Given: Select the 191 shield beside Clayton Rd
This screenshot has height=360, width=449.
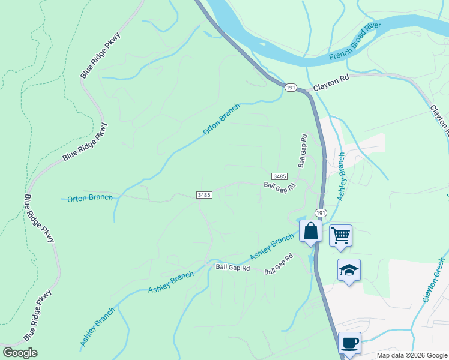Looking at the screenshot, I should (291, 88).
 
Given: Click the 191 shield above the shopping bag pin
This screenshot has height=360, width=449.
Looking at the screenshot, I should (321, 213).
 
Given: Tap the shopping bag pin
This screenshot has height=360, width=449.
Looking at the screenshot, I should (310, 232).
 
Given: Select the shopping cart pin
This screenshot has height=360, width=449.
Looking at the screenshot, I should (340, 235).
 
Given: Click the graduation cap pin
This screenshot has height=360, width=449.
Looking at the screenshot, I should (349, 270).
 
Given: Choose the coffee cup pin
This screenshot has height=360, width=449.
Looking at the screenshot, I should (349, 343).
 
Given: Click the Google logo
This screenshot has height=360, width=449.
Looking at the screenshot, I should (20, 353).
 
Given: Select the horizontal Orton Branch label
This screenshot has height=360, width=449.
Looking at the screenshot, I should (89, 198).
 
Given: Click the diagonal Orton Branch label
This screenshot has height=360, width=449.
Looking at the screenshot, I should (221, 119).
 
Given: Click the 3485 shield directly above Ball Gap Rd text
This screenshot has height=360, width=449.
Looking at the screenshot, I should (279, 176).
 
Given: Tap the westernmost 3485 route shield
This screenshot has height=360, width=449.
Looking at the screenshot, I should (204, 195).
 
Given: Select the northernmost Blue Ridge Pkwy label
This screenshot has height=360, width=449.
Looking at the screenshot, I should (101, 56).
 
